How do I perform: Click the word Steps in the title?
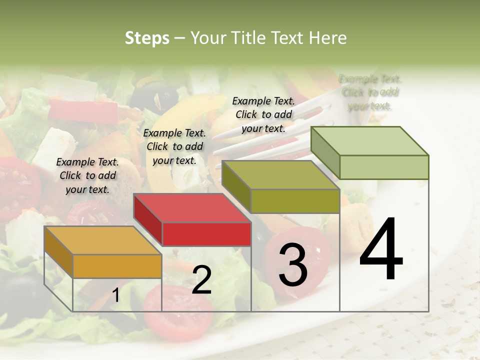[147, 38]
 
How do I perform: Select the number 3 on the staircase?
[292, 265]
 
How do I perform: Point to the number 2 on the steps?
[201, 280]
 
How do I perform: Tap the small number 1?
[116, 295]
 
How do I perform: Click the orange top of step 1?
[102, 240]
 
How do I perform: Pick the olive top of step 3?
[281, 175]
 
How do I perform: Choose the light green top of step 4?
[370, 141]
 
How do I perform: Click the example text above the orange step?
[87, 175]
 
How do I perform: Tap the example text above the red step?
[174, 146]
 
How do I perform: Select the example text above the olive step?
[263, 114]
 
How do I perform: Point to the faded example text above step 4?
[370, 92]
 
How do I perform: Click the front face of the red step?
[206, 234]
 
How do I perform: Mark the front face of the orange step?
[117, 266]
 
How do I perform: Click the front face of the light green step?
[384, 167]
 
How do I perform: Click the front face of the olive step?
[295, 201]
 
